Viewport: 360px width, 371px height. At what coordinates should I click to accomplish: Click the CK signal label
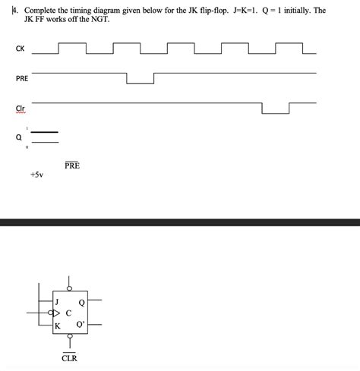click(x=19, y=50)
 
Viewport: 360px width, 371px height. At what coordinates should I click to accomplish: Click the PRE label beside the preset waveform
click(x=21, y=78)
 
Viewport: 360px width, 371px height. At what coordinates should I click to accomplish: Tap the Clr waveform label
click(x=20, y=108)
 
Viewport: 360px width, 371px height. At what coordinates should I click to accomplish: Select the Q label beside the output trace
click(x=17, y=137)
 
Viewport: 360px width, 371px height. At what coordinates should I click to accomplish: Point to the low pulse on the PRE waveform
click(x=141, y=82)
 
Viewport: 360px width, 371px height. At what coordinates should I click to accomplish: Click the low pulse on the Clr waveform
click(x=275, y=112)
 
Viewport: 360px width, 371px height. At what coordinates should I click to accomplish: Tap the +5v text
click(x=36, y=174)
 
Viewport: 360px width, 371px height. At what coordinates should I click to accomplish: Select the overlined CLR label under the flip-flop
click(x=69, y=357)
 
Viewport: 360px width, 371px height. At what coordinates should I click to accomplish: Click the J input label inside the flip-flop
click(x=58, y=300)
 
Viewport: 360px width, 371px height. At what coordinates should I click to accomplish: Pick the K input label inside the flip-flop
click(x=58, y=326)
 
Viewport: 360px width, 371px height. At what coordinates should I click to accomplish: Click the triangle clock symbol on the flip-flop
click(x=56, y=313)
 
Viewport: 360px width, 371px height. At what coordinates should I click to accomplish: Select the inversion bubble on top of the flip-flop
click(x=69, y=288)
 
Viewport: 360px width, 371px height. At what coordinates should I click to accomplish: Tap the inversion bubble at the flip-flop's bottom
click(x=69, y=337)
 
